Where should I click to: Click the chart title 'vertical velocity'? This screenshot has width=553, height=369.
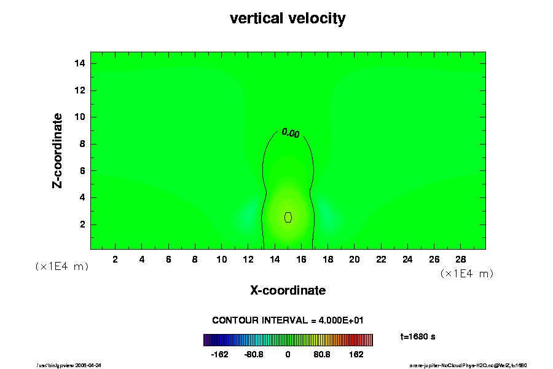point(288,18)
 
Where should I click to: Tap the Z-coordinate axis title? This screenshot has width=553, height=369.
point(58,150)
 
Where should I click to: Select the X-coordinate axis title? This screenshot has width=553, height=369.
point(288,290)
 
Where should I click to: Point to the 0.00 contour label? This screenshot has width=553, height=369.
point(290,133)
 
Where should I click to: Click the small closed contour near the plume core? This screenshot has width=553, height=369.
point(288,217)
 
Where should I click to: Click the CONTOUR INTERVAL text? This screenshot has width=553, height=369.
point(288,320)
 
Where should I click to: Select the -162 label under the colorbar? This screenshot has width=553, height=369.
point(219,355)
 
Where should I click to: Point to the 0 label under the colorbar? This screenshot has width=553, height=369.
point(288,355)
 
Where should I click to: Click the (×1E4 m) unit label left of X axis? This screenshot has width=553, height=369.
point(61,266)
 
